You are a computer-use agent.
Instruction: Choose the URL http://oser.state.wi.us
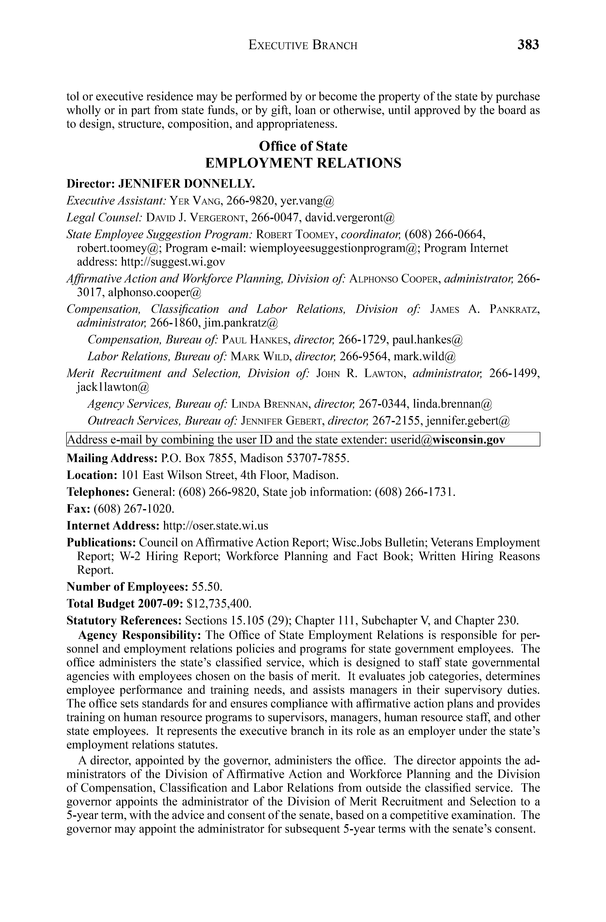click(x=215, y=526)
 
